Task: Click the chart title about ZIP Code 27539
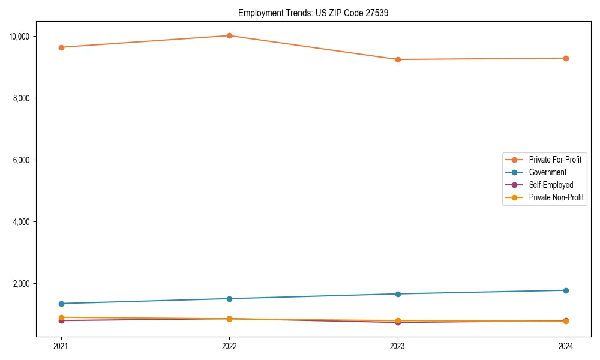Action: click(313, 13)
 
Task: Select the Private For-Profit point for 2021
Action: click(61, 47)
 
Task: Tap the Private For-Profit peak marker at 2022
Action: click(229, 35)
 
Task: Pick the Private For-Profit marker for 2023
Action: click(398, 59)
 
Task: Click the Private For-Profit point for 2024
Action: click(566, 58)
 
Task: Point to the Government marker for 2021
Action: click(61, 304)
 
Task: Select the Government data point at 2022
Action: click(229, 299)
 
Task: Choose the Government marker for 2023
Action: click(398, 294)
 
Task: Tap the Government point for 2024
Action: click(566, 290)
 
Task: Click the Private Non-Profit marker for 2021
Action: click(61, 317)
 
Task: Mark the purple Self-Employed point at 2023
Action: click(398, 323)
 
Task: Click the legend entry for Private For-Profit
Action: click(555, 160)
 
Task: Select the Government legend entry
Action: click(547, 172)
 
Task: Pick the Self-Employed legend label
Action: click(551, 185)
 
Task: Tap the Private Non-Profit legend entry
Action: click(556, 197)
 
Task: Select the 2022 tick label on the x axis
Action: click(229, 346)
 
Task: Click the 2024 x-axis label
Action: click(566, 346)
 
